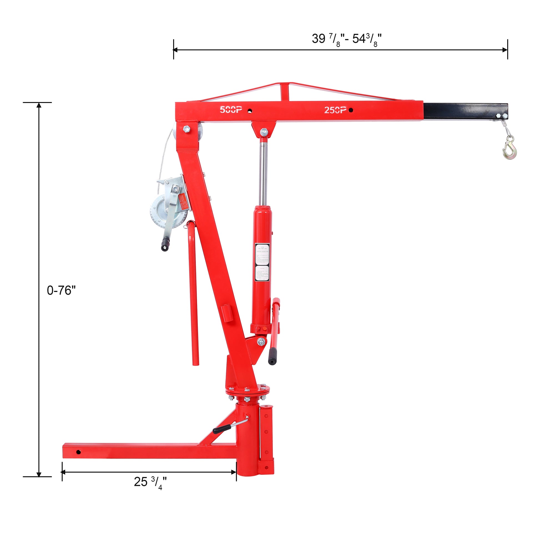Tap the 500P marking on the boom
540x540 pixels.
(x=231, y=110)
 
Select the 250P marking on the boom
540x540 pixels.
(x=335, y=110)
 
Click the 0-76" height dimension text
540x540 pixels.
(x=61, y=291)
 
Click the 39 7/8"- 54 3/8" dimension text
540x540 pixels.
(x=347, y=39)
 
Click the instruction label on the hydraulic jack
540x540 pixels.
(x=263, y=263)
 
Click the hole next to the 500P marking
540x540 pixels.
(x=250, y=111)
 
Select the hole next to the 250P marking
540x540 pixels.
(x=351, y=110)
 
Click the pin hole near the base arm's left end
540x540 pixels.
(x=78, y=452)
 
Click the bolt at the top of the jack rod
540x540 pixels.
(x=264, y=131)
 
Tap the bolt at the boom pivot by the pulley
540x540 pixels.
(x=187, y=129)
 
